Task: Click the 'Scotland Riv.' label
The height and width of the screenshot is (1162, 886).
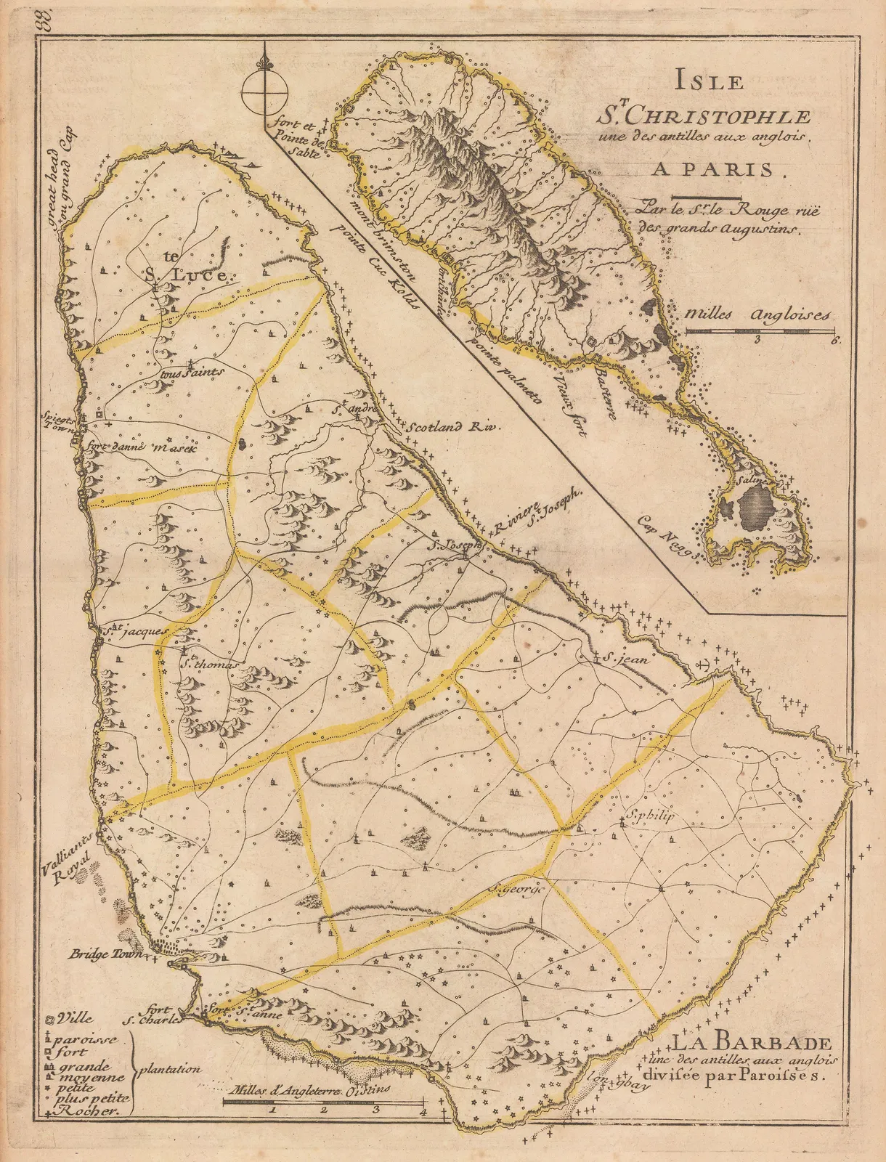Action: tap(454, 427)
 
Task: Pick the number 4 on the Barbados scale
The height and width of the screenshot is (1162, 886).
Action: tap(422, 1110)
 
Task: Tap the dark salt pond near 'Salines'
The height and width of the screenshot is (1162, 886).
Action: tap(755, 501)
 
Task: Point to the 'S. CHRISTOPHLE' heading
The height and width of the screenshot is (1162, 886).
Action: tap(704, 115)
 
